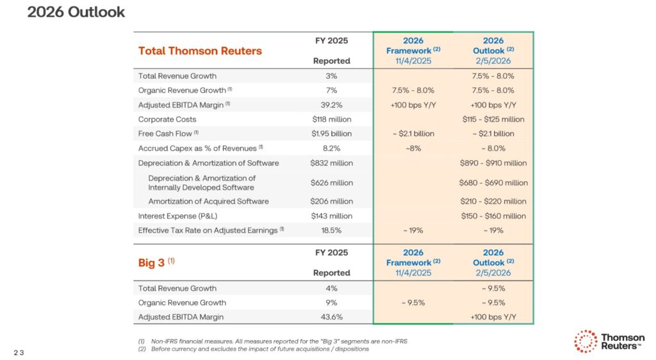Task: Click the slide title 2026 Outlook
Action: click(76, 12)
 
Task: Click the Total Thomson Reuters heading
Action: click(200, 51)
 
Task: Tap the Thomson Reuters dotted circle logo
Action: click(585, 341)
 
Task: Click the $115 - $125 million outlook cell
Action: click(493, 119)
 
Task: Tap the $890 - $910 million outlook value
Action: click(493, 163)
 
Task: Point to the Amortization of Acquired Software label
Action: click(208, 201)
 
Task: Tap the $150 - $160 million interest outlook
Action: click(493, 216)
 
